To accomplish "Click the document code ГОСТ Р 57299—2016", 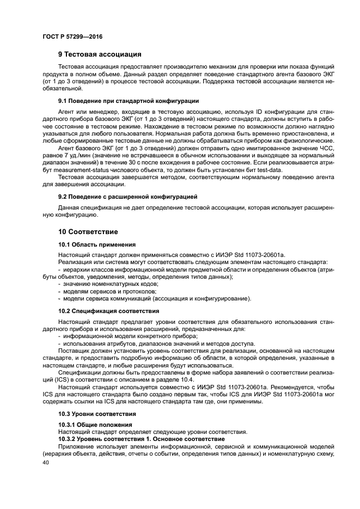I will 72,36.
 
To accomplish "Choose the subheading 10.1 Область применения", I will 97,244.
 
